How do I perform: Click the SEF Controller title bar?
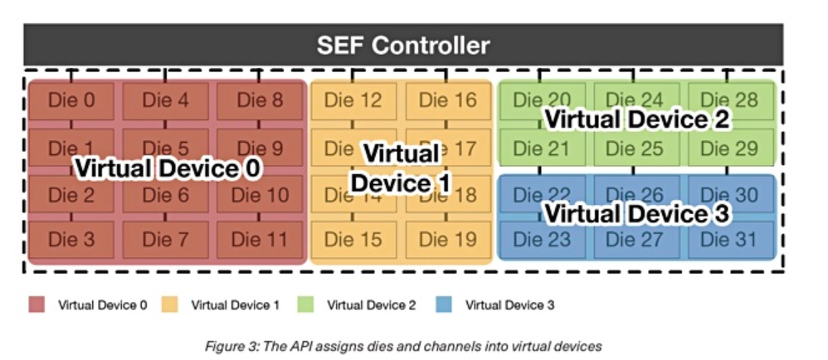click(403, 45)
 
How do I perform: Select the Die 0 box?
click(72, 101)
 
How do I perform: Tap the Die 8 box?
click(260, 101)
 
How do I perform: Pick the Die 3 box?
click(72, 241)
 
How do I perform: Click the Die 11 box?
click(260, 241)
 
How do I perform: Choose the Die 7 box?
click(166, 241)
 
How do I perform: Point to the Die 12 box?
click(353, 101)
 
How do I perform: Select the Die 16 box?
click(448, 101)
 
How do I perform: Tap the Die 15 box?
click(353, 241)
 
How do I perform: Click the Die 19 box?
click(448, 241)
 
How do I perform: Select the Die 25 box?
click(635, 149)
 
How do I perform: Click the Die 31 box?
click(729, 241)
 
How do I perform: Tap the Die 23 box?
click(541, 241)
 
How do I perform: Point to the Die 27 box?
click(635, 241)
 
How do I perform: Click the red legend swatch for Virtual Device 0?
click(37, 305)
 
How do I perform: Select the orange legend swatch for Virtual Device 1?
click(171, 305)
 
